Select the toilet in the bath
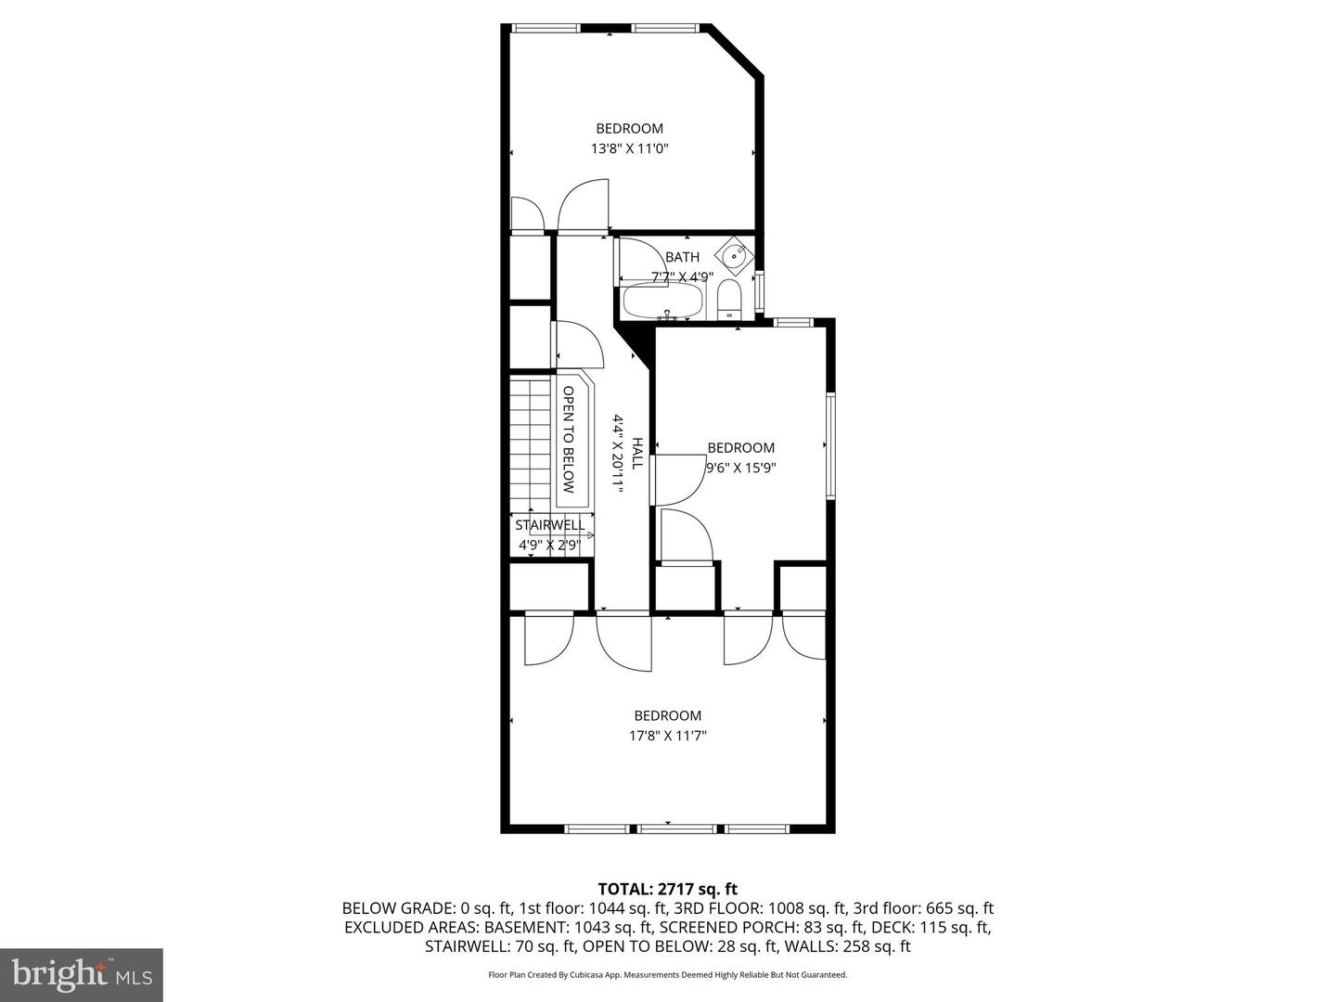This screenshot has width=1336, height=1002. point(729,299)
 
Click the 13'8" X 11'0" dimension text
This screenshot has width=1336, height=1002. point(629,148)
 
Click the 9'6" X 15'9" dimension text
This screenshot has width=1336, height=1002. point(740,468)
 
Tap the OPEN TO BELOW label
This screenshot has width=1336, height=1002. point(569,440)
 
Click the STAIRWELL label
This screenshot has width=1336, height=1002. point(550,525)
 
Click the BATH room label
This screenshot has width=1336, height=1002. point(682,257)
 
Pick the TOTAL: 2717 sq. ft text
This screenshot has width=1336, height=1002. point(667,889)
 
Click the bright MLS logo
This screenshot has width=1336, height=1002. point(82,974)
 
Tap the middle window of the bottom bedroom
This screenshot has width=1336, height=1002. point(668,828)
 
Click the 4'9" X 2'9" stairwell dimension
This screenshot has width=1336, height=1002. point(548,546)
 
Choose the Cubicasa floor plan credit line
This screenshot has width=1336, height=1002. point(667,975)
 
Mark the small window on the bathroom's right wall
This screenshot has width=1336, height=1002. point(761,290)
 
